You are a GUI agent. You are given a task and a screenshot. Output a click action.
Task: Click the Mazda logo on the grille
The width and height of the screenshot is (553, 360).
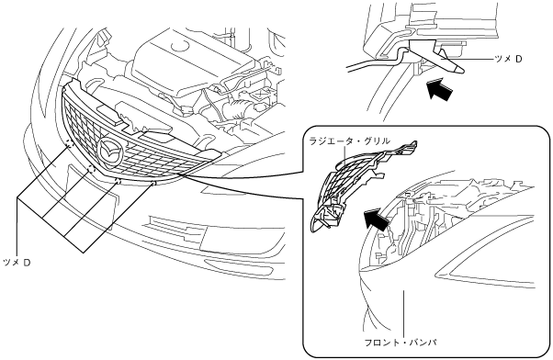[x=111, y=152]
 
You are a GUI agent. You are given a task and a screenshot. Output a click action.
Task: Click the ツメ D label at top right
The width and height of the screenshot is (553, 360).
[x=508, y=60]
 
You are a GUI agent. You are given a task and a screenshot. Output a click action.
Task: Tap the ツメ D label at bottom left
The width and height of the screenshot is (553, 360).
[x=16, y=263]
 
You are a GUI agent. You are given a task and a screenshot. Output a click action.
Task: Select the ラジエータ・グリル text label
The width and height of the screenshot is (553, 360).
[x=349, y=141]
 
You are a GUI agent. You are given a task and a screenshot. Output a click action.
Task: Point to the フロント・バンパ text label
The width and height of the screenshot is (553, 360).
[x=401, y=342]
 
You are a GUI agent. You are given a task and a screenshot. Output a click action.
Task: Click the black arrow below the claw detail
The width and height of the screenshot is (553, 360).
[x=439, y=90]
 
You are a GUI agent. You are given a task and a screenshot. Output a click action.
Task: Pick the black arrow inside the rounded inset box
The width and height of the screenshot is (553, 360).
[x=377, y=219]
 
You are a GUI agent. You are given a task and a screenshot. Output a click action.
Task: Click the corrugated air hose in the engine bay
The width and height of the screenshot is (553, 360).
[x=237, y=107]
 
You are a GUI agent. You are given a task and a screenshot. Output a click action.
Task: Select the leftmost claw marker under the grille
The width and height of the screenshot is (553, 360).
[x=69, y=143]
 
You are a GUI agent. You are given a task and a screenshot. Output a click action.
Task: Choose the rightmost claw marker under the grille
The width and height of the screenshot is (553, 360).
[x=153, y=184]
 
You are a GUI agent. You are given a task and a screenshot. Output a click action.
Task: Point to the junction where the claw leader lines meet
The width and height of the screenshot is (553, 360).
[x=17, y=198]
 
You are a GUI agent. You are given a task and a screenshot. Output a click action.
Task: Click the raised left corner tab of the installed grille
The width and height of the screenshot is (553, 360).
[x=73, y=84]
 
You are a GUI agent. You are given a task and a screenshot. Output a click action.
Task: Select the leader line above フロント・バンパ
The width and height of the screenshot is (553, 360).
[x=403, y=312]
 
